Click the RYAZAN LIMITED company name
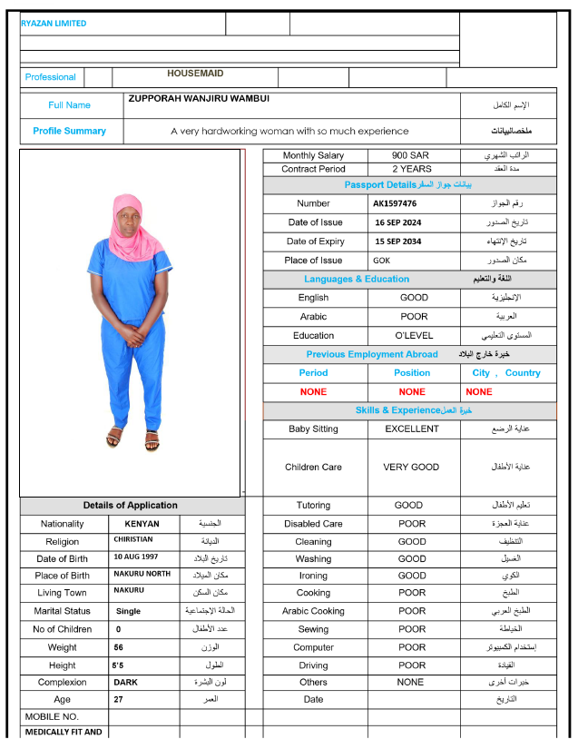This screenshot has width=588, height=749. point(54,24)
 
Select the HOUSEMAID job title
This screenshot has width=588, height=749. point(195,74)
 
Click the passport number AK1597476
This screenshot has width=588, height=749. point(395,203)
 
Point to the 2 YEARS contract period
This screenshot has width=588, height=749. point(411,169)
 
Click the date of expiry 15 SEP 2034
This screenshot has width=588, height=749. point(398,241)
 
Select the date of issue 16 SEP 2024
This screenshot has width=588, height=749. point(398,222)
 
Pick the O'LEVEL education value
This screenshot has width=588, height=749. point(414,335)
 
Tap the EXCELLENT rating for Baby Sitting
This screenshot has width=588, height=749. point(412,429)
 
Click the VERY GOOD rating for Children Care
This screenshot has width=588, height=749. point(412,467)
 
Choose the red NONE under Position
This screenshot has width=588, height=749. point(412,391)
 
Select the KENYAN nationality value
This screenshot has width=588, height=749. point(135,524)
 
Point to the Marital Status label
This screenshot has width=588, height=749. point(62,611)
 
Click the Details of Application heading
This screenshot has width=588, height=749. point(131,505)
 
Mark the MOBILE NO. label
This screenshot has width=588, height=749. point(52,716)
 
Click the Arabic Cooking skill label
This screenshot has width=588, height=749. point(313,611)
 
